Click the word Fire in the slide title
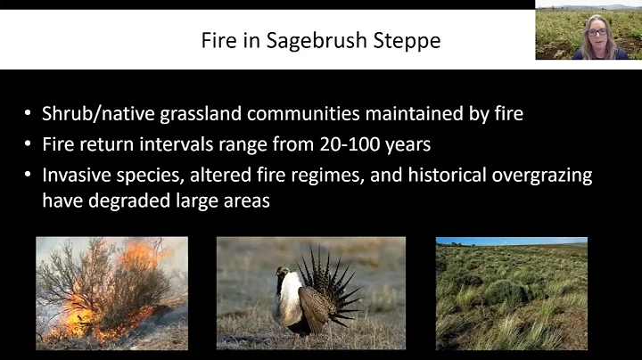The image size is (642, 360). click(247, 41)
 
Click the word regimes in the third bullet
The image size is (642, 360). click(324, 175)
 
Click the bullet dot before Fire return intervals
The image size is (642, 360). click(29, 143)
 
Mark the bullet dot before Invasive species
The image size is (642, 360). click(29, 175)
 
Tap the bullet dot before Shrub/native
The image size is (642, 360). click(29, 113)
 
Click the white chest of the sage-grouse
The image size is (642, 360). click(287, 303)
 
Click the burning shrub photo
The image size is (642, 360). click(111, 292)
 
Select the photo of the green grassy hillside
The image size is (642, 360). click(511, 299)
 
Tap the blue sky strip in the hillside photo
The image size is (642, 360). click(511, 241)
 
